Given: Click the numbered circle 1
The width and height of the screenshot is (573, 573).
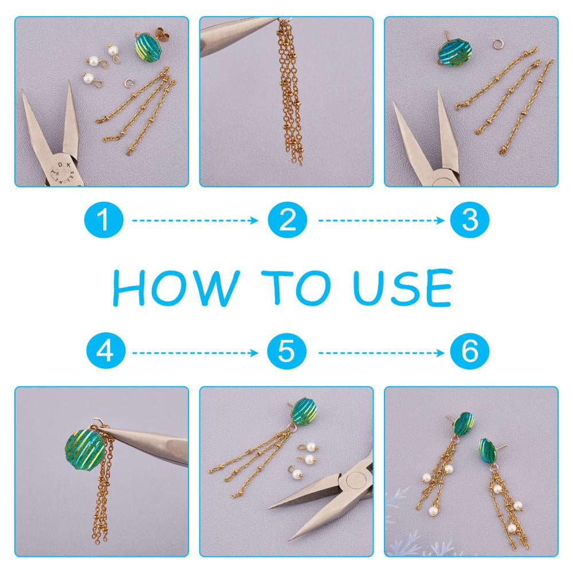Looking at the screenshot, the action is coord(104,221).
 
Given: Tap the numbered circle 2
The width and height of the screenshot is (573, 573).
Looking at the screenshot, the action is coord(287,221).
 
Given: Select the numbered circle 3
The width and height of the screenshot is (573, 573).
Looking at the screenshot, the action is coord(470,221).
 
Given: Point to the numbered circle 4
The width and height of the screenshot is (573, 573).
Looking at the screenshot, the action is coord(105,352).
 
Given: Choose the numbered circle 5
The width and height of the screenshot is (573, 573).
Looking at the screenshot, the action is coord(286,352).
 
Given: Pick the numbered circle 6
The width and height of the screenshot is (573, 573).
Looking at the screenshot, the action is coord(470,352).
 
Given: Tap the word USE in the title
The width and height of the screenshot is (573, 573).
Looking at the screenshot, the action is coord(403,288).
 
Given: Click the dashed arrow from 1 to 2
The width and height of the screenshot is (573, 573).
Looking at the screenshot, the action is coord(195,221).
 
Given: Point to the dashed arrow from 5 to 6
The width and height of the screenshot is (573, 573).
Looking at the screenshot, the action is coord(381,352).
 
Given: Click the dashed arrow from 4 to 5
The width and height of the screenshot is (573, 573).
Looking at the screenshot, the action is coord(195,352).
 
